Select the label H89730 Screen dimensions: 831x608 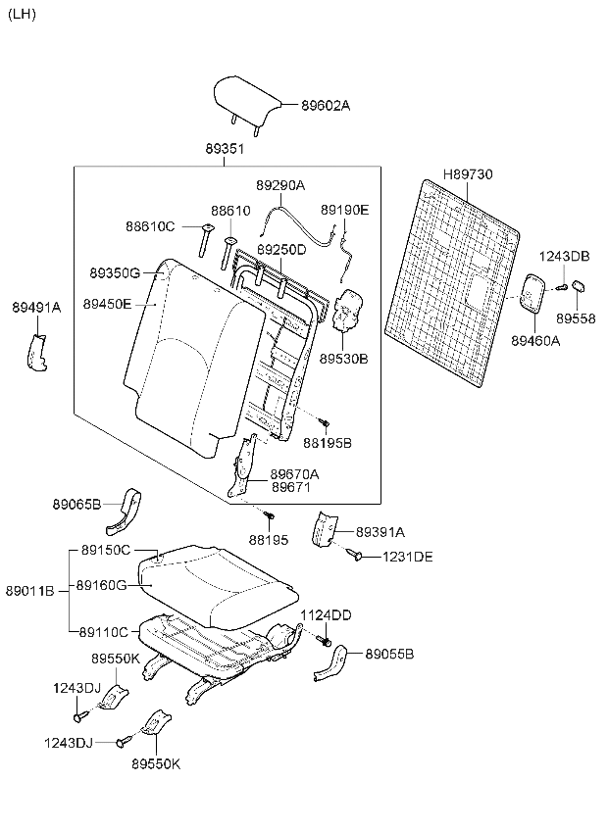pos(468,174)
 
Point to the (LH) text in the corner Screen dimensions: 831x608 pos(22,14)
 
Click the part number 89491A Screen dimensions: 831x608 pos(36,307)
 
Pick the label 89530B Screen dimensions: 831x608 pos(343,360)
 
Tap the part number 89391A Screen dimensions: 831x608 pos(380,531)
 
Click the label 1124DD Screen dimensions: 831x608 pos(326,614)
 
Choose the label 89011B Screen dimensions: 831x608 pos(29,590)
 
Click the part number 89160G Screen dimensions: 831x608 pos(103,585)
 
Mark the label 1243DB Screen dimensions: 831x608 pos(564,256)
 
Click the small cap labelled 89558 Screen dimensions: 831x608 pos(579,286)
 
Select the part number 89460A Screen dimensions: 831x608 pos(534,340)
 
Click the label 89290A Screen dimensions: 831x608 pos(280,185)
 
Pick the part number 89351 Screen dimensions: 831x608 pos(225,149)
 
